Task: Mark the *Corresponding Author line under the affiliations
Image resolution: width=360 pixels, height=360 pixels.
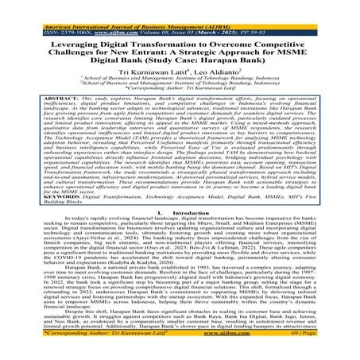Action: coord(180,91)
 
